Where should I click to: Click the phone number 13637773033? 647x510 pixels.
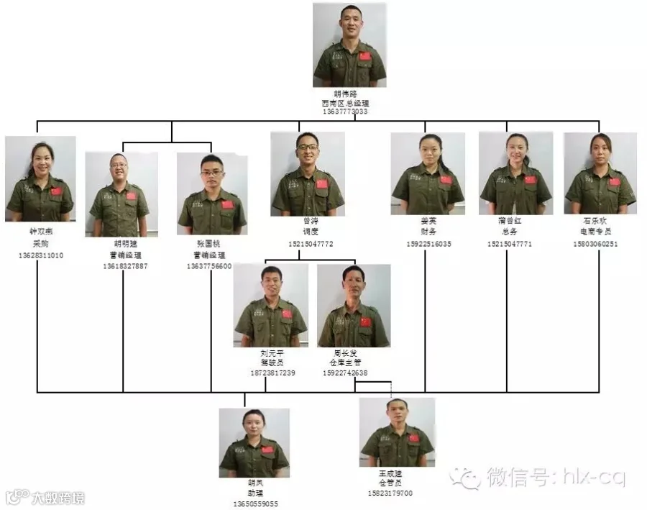point(345,112)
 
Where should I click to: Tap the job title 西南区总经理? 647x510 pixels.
point(345,104)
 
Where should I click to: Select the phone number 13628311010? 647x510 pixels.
point(41,255)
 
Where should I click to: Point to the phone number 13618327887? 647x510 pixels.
point(126,266)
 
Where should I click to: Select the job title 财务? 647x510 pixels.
point(429,233)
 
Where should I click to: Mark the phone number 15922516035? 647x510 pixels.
point(428,244)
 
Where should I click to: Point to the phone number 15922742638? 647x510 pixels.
point(345,373)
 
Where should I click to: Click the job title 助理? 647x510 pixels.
point(255,493)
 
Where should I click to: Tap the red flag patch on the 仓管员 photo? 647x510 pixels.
point(414,438)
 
